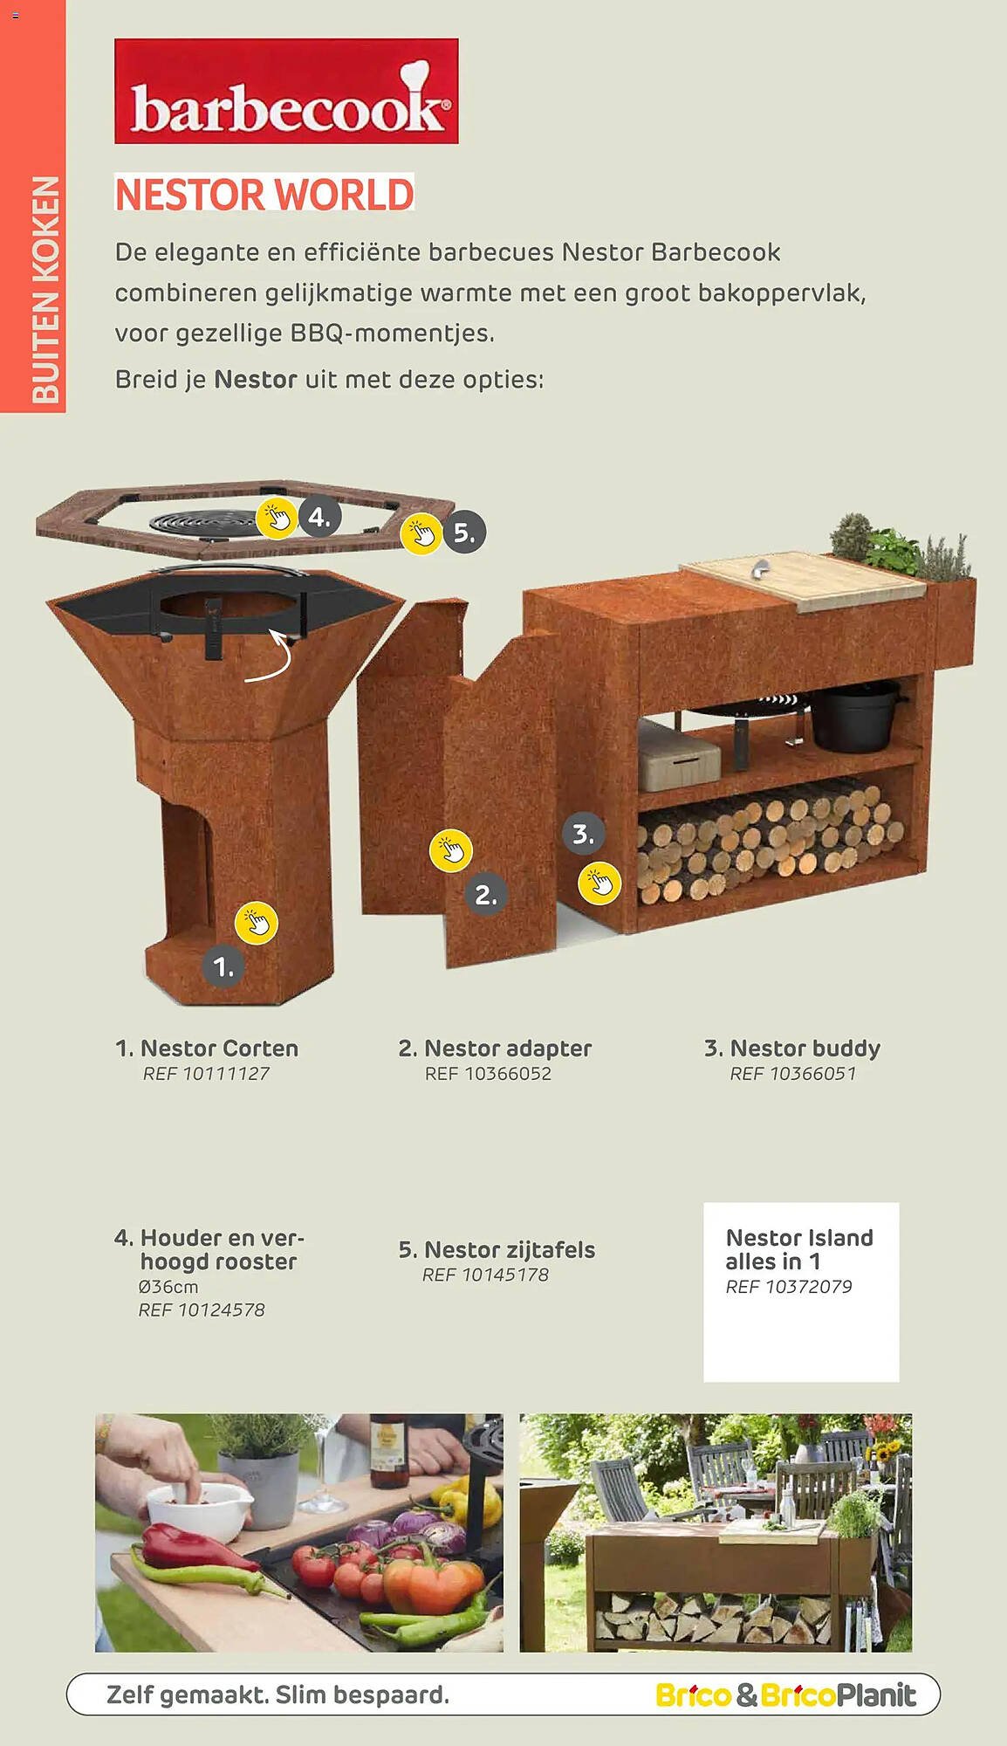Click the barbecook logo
(x=286, y=91)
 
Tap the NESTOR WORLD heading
(x=264, y=194)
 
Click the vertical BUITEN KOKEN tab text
(x=45, y=290)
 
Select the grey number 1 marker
(x=223, y=966)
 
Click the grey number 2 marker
(x=486, y=894)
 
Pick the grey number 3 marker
(x=584, y=834)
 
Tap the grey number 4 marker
(x=319, y=517)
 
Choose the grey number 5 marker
(x=464, y=533)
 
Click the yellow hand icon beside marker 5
(x=422, y=533)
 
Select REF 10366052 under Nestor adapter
(x=488, y=1074)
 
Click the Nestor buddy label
(x=791, y=1048)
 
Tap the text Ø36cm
(x=168, y=1287)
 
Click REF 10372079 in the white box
(x=789, y=1287)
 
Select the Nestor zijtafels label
(x=497, y=1250)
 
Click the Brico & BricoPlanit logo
(x=786, y=1694)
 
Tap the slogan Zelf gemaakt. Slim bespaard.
(x=277, y=1695)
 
